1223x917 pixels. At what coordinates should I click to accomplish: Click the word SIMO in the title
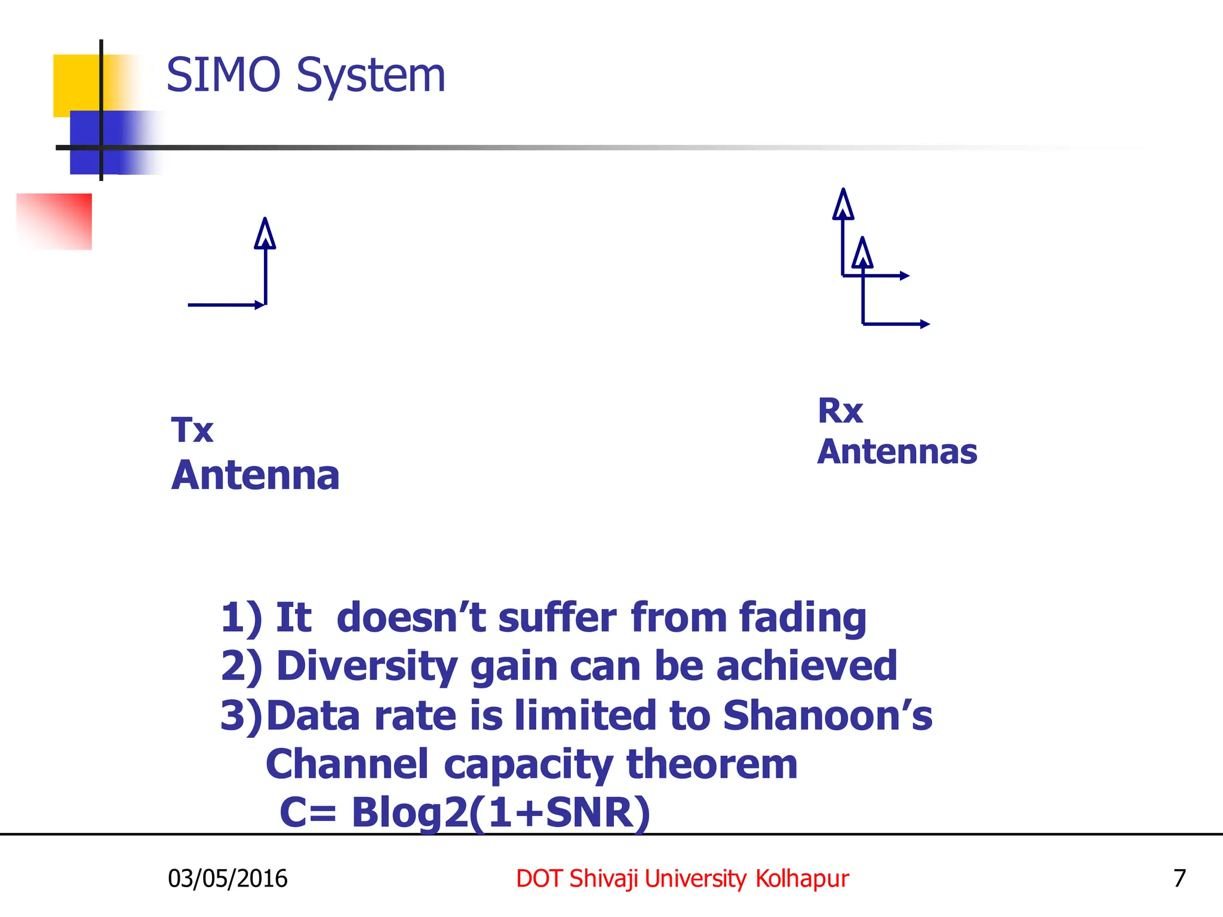pyautogui.click(x=223, y=76)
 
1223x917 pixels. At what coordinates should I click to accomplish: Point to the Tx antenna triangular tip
pyautogui.click(x=265, y=234)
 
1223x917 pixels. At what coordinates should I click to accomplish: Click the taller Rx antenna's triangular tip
pyautogui.click(x=843, y=205)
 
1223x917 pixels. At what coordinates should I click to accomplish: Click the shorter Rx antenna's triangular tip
pyautogui.click(x=862, y=253)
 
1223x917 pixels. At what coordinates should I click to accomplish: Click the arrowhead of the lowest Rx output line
pyautogui.click(x=926, y=324)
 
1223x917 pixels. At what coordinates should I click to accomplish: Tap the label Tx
pyautogui.click(x=192, y=430)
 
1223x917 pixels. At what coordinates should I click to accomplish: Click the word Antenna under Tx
pyautogui.click(x=256, y=476)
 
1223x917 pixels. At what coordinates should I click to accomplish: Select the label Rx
pyautogui.click(x=840, y=411)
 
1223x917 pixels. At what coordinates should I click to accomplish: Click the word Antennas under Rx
pyautogui.click(x=897, y=452)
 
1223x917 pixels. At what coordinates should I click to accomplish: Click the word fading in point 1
pyautogui.click(x=803, y=618)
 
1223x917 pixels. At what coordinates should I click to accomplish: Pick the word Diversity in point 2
pyautogui.click(x=367, y=667)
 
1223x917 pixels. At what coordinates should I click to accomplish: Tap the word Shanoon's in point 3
pyautogui.click(x=827, y=716)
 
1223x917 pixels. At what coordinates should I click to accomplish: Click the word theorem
pyautogui.click(x=711, y=765)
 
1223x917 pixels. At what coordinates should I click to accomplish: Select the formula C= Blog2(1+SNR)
pyautogui.click(x=465, y=813)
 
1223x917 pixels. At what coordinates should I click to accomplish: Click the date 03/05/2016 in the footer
pyautogui.click(x=228, y=879)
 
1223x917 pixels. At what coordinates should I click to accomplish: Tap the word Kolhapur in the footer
pyautogui.click(x=801, y=879)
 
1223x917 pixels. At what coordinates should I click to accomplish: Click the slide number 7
pyautogui.click(x=1179, y=879)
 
